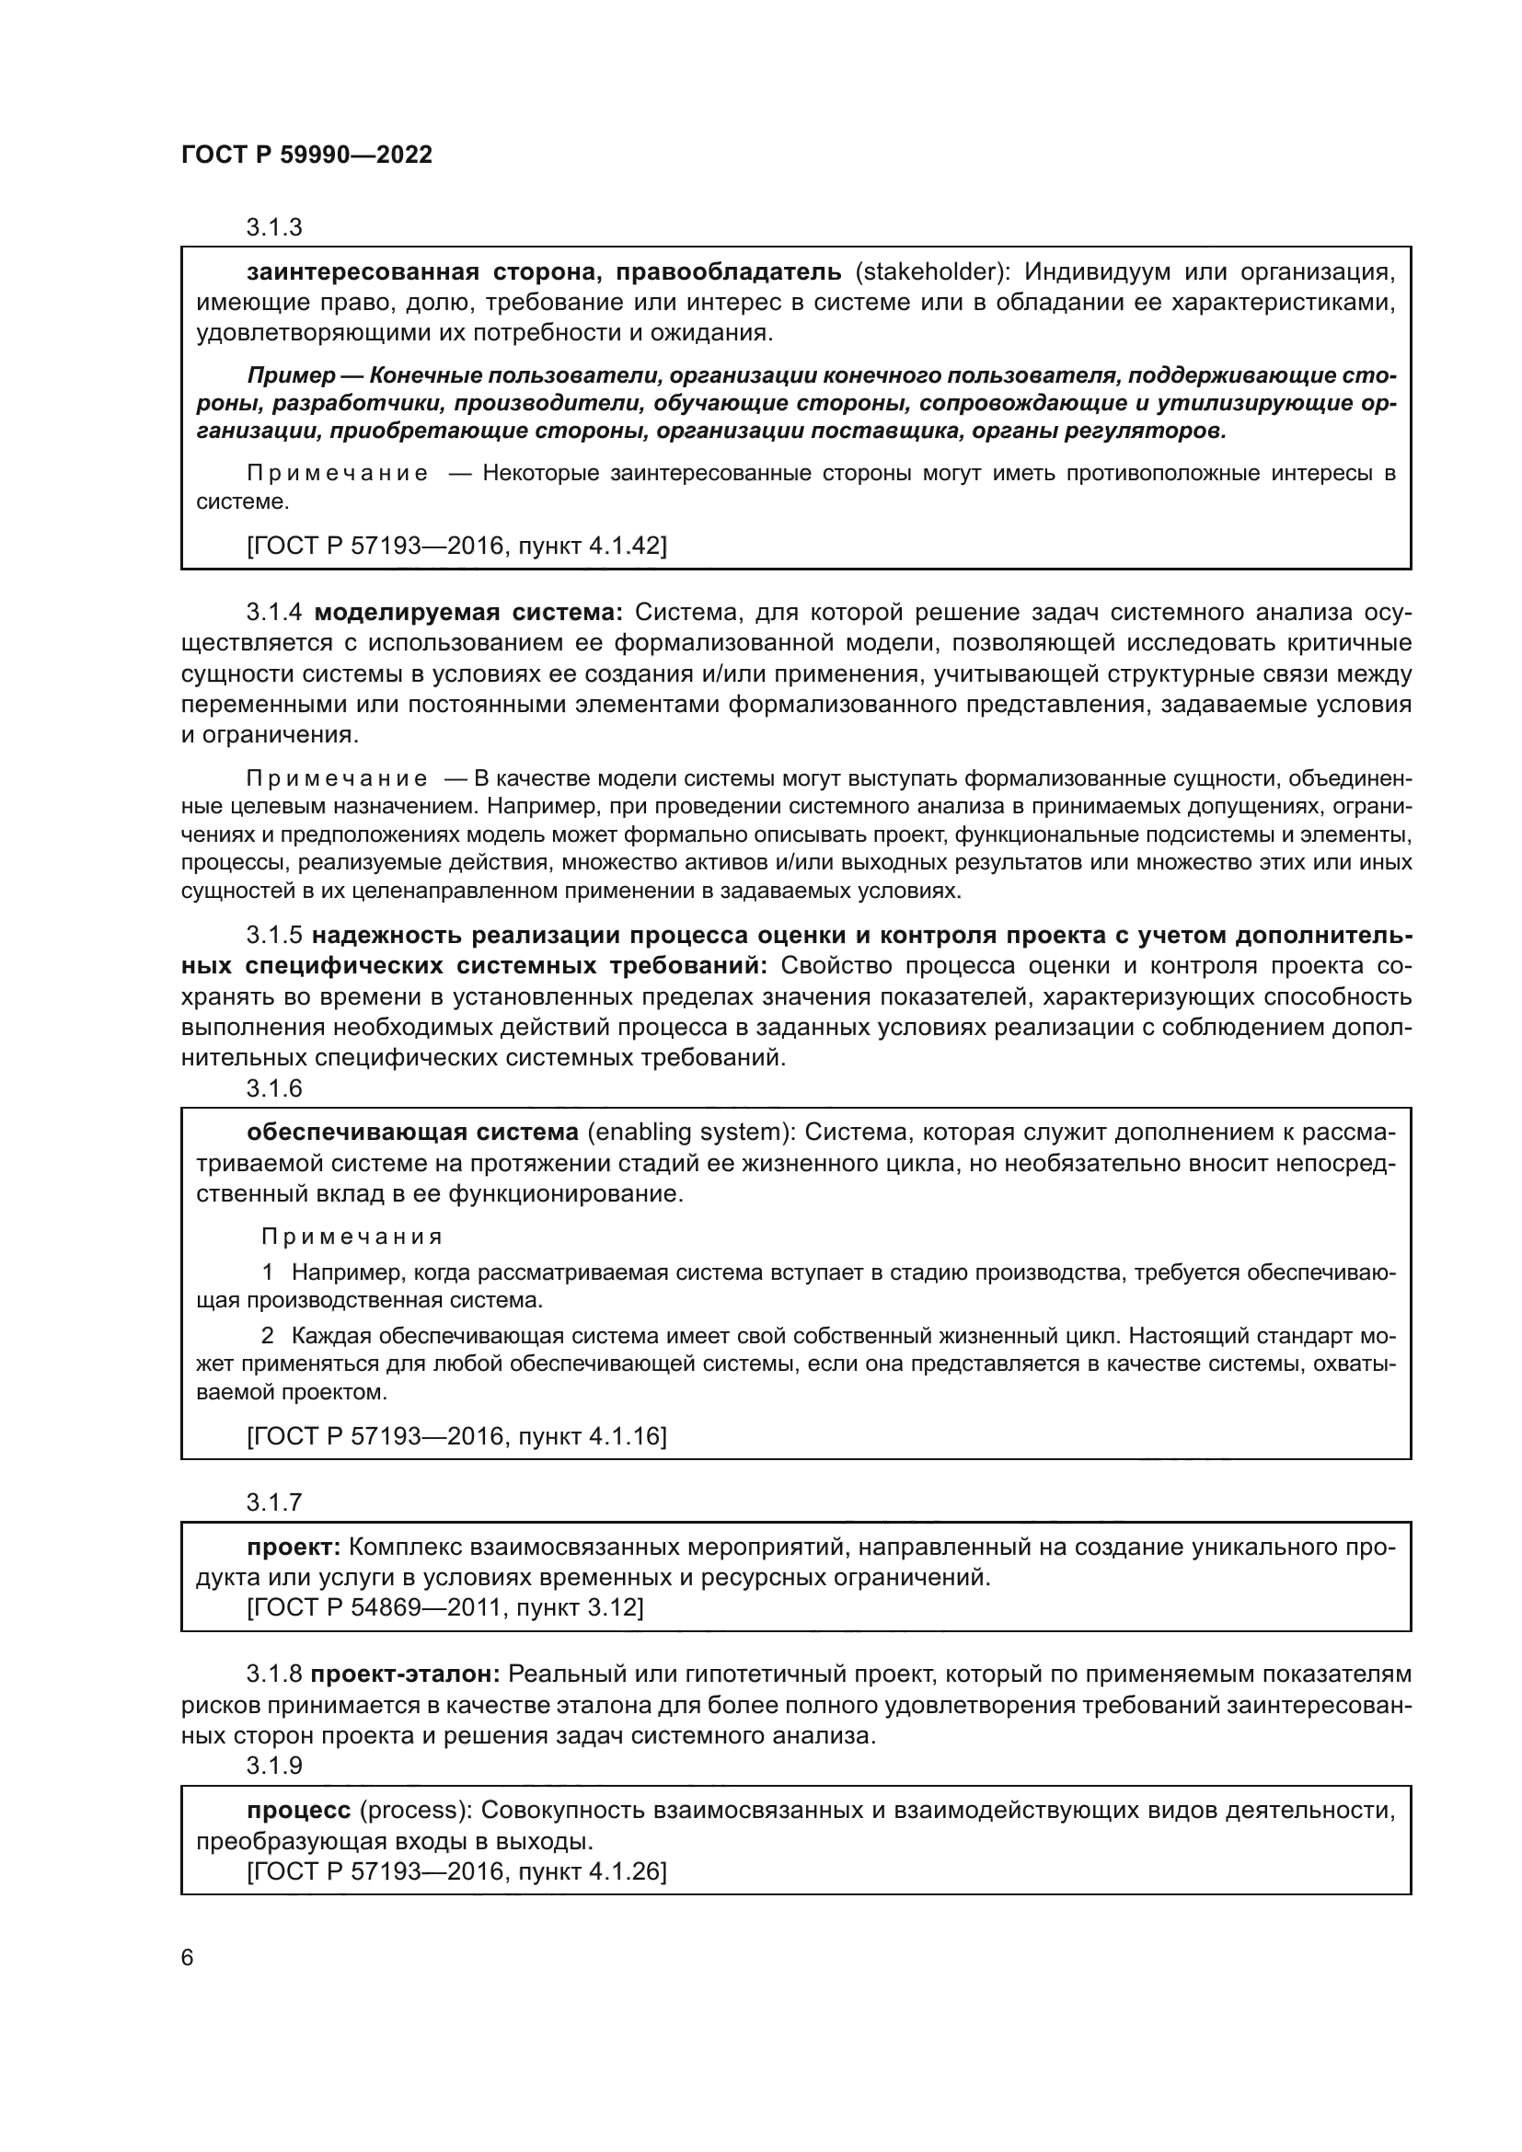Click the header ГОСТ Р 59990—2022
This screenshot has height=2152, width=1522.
click(306, 155)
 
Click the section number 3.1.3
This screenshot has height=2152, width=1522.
click(273, 228)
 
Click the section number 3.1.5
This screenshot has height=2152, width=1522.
click(273, 936)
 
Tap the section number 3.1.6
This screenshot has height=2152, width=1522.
click(273, 1088)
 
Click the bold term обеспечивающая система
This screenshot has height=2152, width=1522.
click(412, 1133)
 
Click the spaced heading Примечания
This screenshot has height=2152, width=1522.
click(352, 1237)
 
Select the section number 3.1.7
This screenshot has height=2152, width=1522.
click(273, 1502)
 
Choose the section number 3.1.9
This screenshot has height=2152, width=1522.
click(273, 1766)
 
